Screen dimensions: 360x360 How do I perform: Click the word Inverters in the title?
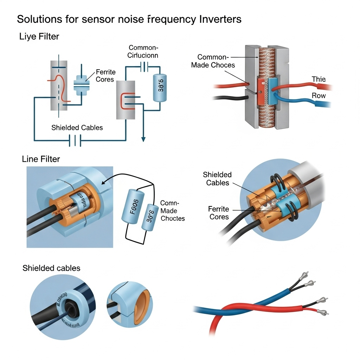pyautogui.click(x=220, y=19)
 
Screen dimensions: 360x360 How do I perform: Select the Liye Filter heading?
pyautogui.click(x=39, y=36)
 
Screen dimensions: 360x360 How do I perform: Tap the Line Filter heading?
pyautogui.click(x=41, y=159)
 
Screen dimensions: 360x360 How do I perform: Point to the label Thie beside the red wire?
pyautogui.click(x=319, y=79)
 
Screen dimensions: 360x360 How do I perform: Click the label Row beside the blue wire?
pyautogui.click(x=319, y=96)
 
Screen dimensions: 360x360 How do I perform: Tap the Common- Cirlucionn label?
pyautogui.click(x=143, y=51)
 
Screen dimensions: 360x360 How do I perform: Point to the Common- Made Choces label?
pyautogui.click(x=213, y=61)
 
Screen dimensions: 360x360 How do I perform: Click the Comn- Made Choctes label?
pyautogui.click(x=172, y=211)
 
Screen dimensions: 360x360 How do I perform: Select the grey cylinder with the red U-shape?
pyautogui.click(x=126, y=100)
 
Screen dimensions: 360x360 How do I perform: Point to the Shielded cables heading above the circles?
pyautogui.click(x=51, y=268)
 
